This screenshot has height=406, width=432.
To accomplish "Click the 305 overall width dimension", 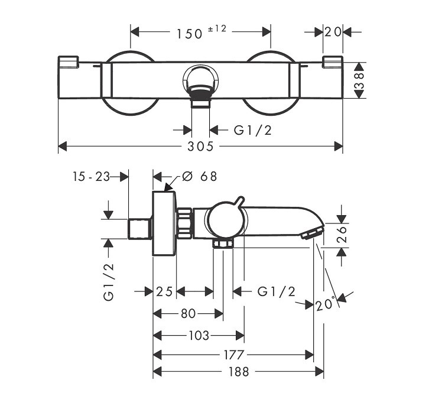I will tap(201, 146).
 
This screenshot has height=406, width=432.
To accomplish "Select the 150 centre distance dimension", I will tap(189, 33).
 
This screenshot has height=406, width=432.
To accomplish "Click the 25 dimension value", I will tap(164, 291).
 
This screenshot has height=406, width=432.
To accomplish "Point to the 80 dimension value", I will tap(189, 313).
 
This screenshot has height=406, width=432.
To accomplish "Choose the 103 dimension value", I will tap(198, 336).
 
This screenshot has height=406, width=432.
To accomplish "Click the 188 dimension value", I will tap(237, 372).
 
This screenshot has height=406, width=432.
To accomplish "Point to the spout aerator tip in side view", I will tap(309, 235).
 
